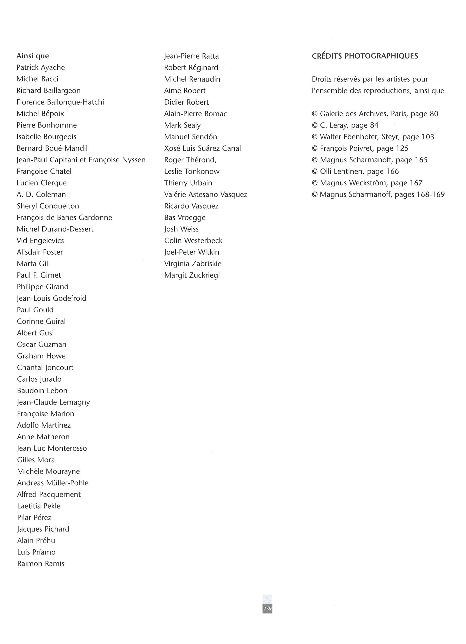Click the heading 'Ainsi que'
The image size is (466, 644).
pyautogui.click(x=33, y=56)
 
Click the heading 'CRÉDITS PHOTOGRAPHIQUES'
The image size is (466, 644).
pyautogui.click(x=365, y=56)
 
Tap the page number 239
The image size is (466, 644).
pyautogui.click(x=267, y=608)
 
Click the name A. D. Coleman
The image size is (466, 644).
pyautogui.click(x=41, y=195)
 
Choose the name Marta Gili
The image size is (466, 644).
pyautogui.click(x=33, y=264)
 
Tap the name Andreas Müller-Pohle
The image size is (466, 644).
pyautogui.click(x=53, y=483)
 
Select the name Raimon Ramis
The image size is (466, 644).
pyautogui.click(x=41, y=564)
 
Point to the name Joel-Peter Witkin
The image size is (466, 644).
pyautogui.click(x=191, y=252)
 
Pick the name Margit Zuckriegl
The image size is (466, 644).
pyautogui.click(x=192, y=275)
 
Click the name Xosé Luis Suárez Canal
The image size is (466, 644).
pyautogui.click(x=202, y=148)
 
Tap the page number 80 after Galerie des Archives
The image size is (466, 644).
pyautogui.click(x=434, y=114)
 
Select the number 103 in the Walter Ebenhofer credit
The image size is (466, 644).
pyautogui.click(x=428, y=137)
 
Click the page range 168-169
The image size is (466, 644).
pyautogui.click(x=430, y=195)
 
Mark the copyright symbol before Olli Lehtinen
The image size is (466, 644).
pyautogui.click(x=315, y=172)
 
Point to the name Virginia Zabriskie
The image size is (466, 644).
pyautogui.click(x=193, y=264)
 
